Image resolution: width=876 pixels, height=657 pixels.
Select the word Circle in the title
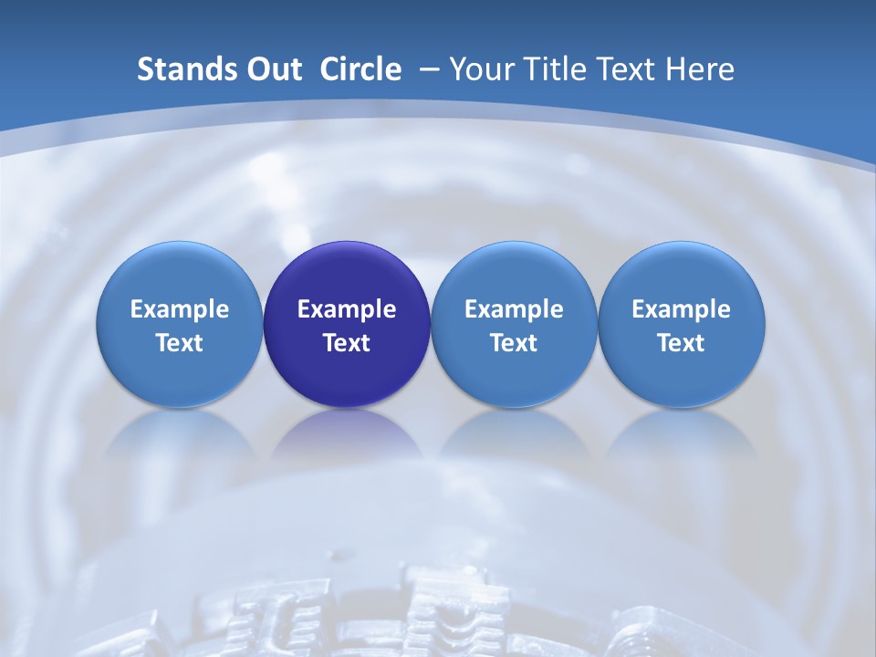coord(360,69)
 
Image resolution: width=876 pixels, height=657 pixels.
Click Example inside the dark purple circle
coord(347,309)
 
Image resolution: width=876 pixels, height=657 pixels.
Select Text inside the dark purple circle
coord(347,343)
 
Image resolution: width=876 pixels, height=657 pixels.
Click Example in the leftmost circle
coord(180,309)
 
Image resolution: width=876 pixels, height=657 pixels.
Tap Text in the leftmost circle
coord(180,343)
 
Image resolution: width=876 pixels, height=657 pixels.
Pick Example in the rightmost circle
coord(682,309)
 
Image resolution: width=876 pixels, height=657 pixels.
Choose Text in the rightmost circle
coord(682,343)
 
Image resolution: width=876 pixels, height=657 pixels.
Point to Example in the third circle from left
coord(514,309)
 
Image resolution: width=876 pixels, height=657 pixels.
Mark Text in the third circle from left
coord(514,343)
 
